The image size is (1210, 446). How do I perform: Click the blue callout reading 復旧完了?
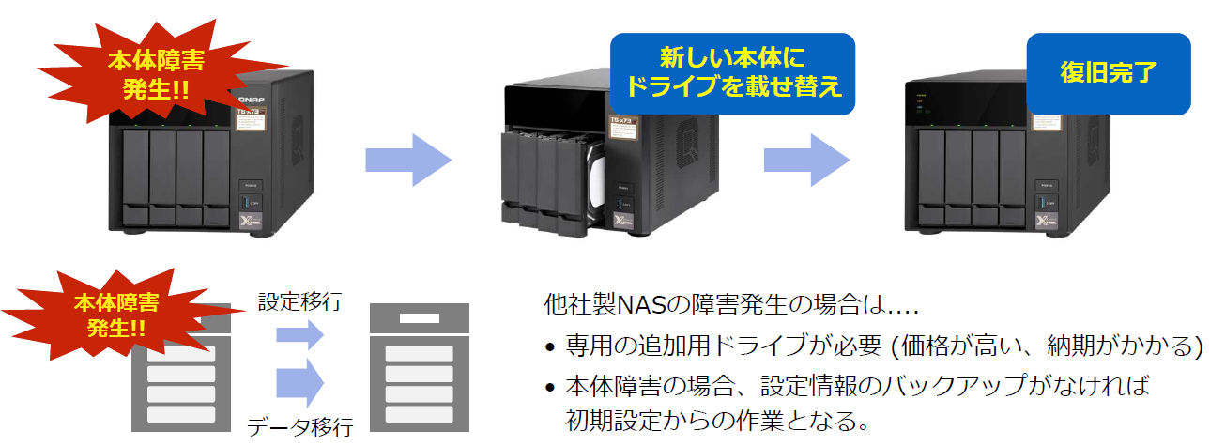[1108, 72]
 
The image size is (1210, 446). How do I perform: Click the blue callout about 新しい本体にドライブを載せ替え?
[733, 72]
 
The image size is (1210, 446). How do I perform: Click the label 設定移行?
[300, 302]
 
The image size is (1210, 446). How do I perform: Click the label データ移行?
[300, 428]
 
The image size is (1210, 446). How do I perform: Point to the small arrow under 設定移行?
[300, 334]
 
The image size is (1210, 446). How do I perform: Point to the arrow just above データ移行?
[300, 384]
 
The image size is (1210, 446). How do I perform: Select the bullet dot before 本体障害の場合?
[551, 388]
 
